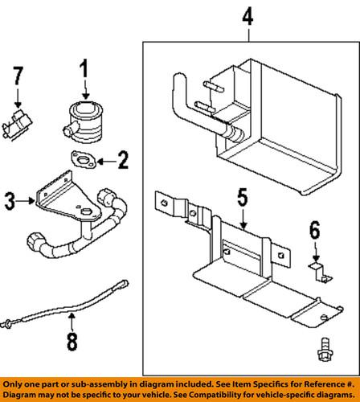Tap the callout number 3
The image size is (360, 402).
click(10, 200)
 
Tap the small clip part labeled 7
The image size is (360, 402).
click(18, 122)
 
